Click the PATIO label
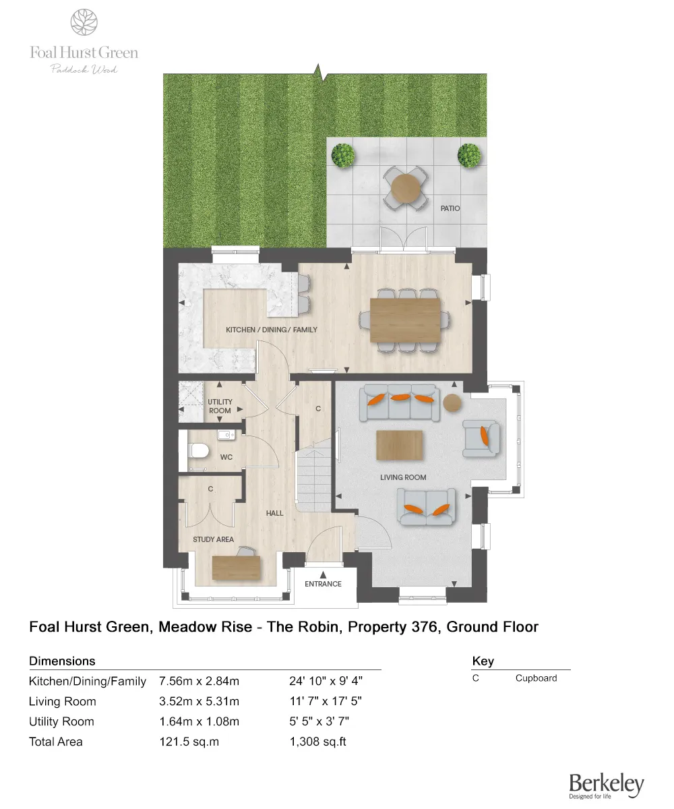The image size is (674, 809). [450, 208]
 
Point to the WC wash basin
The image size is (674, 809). [225, 436]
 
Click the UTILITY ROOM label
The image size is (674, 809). [220, 406]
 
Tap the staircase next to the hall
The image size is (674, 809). [315, 475]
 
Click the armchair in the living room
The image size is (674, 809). [481, 438]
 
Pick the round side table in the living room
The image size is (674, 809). [452, 403]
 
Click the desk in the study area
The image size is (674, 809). [236, 568]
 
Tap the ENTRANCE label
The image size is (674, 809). [323, 584]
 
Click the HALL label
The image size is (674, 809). [274, 513]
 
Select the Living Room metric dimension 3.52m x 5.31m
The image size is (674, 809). [199, 701]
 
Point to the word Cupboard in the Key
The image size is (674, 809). [536, 678]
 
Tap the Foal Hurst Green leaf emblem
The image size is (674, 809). [84, 22]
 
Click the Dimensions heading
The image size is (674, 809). [62, 661]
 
